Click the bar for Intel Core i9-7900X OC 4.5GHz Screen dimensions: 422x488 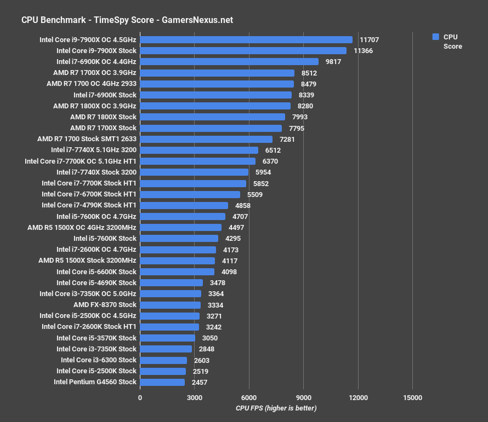point(246,39)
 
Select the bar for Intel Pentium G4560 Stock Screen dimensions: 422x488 point(162,382)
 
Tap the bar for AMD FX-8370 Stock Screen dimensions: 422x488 point(170,305)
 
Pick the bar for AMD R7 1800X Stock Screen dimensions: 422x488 point(212,117)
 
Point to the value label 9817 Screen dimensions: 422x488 point(333,62)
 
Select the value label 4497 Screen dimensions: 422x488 point(237,227)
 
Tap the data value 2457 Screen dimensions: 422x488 point(199,382)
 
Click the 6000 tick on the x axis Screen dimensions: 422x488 point(248,397)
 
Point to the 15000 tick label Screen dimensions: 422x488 point(412,397)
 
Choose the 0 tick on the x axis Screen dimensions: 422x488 point(140,397)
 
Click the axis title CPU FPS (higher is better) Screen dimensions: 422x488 point(276,408)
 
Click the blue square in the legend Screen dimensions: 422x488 point(435,37)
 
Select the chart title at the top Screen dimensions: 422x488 point(127,20)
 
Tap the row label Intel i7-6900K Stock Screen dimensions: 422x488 point(105,95)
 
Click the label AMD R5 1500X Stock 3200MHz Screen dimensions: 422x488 point(87,261)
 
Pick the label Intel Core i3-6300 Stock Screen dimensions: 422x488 point(99,360)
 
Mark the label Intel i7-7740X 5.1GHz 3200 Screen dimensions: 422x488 point(94,150)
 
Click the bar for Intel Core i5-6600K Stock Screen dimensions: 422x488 point(177,271)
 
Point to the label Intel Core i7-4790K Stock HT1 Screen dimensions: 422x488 point(89,205)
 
